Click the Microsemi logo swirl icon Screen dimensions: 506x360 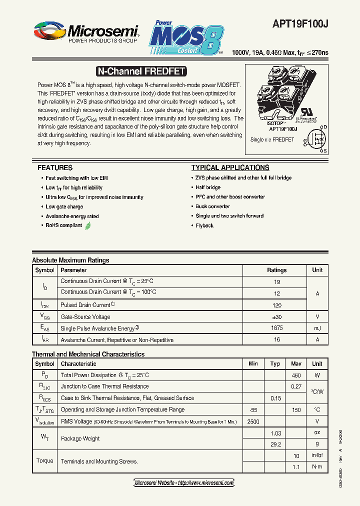coord(49,32)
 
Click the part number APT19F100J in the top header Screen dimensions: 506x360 coord(300,24)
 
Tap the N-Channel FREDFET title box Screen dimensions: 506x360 coord(140,71)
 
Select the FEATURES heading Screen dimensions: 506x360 coord(55,167)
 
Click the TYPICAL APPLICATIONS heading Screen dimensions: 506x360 coord(230,167)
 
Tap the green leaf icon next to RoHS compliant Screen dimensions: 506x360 coord(88,225)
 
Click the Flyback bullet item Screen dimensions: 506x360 coord(204,225)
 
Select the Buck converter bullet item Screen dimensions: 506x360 coord(212,206)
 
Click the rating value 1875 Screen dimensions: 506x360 coord(276,328)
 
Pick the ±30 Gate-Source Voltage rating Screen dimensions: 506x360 coord(276,316)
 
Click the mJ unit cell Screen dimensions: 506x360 coord(317,328)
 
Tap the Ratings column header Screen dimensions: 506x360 coord(276,270)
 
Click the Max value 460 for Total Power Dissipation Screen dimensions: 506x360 coord(296,375)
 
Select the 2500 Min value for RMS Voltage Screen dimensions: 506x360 coord(253,421)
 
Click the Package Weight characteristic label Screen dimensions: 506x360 coord(80,438)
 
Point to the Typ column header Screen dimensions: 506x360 coord(275,363)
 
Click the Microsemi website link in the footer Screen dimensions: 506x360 coord(184,483)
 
